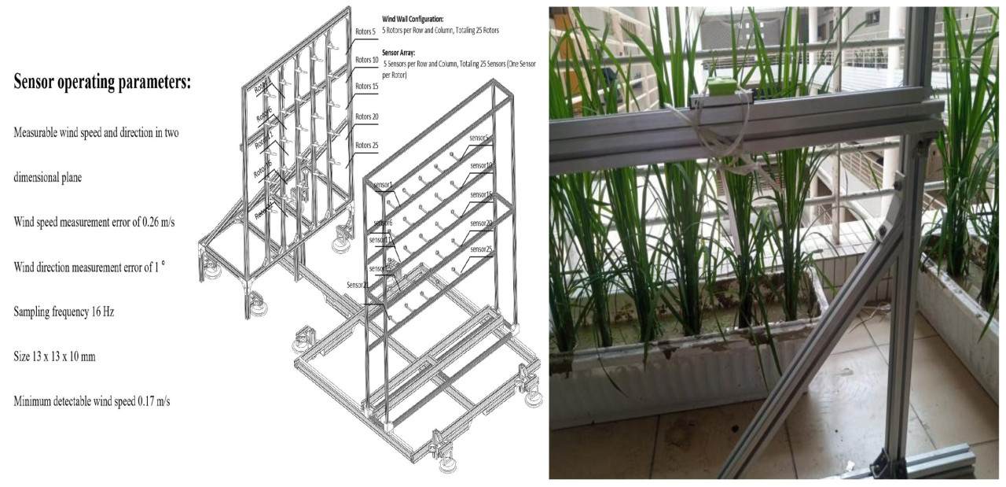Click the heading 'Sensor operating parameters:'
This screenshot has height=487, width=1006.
coord(102,83)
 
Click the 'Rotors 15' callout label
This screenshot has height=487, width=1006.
coord(367,87)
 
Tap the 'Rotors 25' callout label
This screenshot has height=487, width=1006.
coord(367,145)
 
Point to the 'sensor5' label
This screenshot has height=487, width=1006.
coord(479,138)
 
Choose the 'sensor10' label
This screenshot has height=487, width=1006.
coord(481,166)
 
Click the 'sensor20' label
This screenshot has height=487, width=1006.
coord(481,223)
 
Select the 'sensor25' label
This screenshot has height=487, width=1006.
coord(481,249)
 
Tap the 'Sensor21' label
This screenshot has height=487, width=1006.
coord(357,285)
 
